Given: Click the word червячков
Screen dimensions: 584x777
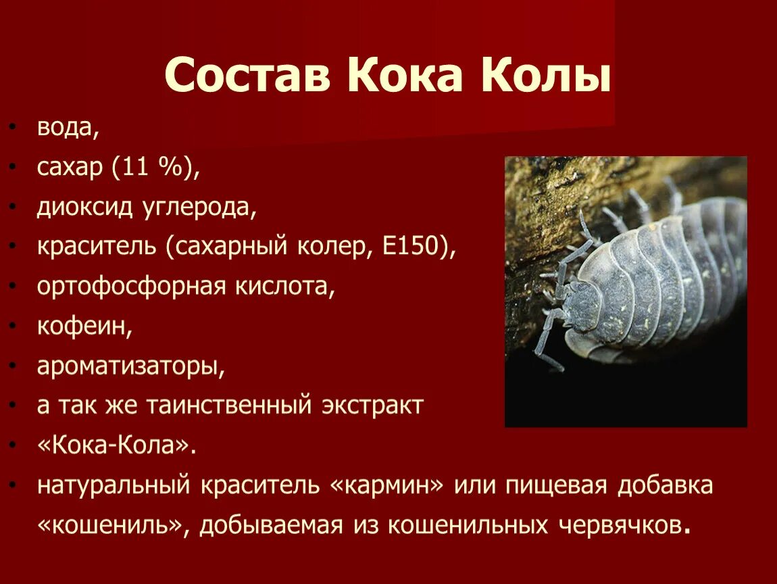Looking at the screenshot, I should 624,525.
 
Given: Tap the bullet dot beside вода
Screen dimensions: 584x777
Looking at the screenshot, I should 13,128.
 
